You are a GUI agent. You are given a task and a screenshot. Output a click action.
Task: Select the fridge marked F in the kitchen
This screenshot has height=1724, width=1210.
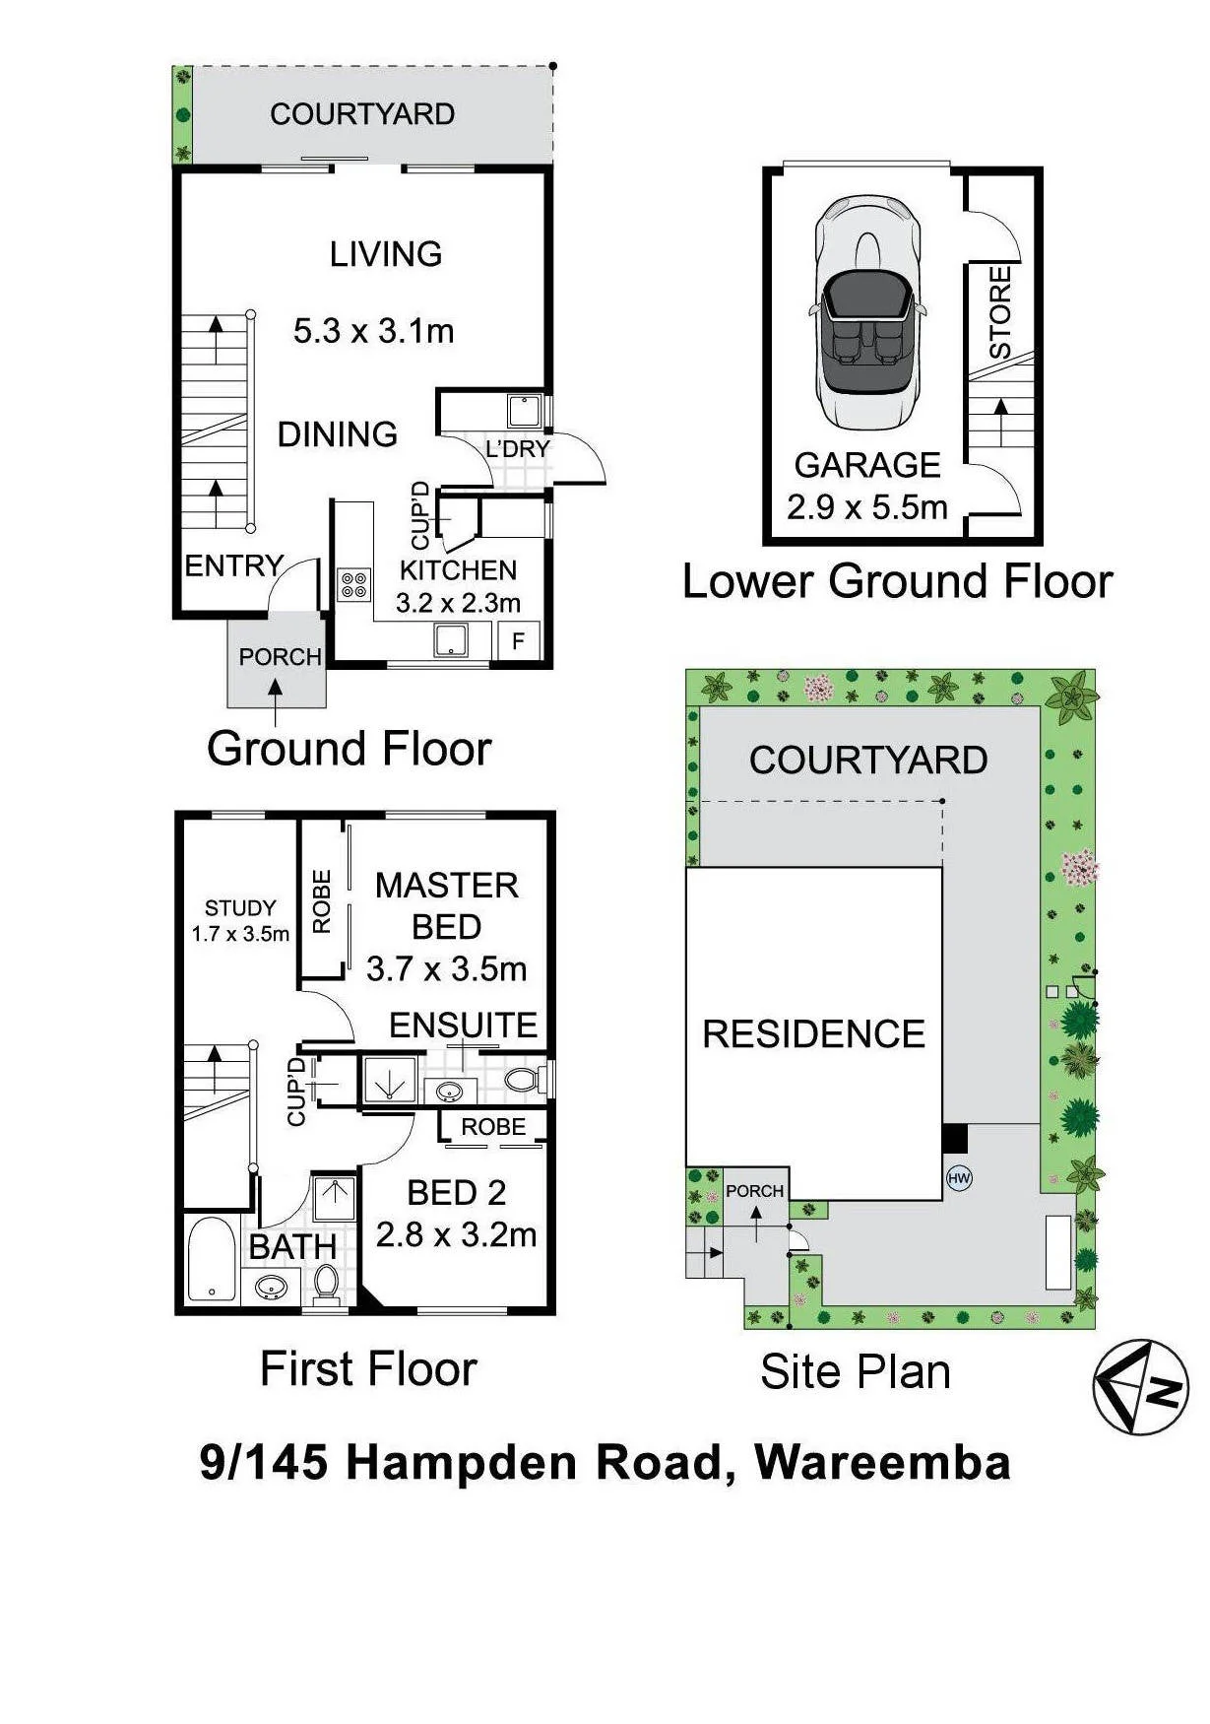point(518,641)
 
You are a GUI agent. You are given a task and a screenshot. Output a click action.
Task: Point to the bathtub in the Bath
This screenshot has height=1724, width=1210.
point(210,1261)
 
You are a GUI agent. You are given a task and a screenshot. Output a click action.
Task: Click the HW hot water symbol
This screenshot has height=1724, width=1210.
point(958,1177)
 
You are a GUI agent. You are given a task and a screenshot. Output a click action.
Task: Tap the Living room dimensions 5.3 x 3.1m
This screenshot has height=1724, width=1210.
point(374,330)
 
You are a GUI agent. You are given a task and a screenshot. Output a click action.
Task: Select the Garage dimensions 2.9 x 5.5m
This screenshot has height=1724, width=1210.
point(867,507)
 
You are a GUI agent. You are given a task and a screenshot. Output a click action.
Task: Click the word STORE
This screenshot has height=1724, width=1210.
point(1000,312)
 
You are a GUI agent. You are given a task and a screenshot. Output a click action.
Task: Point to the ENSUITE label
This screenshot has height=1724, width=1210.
point(464,1025)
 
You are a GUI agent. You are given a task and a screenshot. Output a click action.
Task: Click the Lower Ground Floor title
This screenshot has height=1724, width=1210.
point(897,581)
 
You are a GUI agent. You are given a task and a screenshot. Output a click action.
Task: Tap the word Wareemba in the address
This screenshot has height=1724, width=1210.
point(883,1462)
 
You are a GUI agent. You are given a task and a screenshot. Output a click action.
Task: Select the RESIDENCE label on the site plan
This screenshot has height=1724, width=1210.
point(814,1033)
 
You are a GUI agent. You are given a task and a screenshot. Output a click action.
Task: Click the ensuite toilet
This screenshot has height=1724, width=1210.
point(524,1080)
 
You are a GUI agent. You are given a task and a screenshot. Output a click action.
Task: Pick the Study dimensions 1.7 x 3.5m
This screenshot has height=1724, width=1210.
point(240,933)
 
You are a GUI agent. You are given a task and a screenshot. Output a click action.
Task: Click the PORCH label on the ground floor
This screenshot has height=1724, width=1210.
point(281,656)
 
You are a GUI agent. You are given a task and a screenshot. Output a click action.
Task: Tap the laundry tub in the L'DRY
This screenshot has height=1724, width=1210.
point(523,409)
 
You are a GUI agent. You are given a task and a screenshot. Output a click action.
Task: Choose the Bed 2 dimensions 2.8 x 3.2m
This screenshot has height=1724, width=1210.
point(457,1234)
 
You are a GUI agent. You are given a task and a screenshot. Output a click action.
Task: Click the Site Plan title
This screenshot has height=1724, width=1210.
point(856,1371)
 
